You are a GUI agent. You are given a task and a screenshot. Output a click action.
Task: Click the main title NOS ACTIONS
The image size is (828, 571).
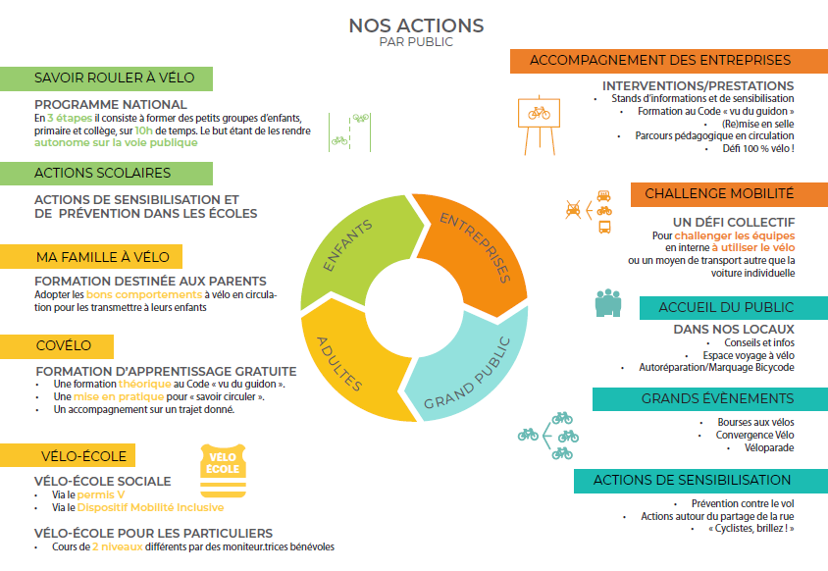416,26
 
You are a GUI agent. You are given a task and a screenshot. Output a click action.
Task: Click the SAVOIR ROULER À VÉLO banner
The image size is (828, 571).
106,78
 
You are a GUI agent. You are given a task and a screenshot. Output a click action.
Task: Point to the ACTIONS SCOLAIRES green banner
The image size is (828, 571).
106,174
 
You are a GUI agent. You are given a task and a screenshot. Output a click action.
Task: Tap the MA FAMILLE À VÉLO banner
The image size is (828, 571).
91,257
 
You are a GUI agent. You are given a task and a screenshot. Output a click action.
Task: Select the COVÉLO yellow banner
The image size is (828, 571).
57,346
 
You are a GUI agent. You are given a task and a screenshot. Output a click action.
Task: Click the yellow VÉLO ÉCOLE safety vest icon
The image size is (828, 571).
223,471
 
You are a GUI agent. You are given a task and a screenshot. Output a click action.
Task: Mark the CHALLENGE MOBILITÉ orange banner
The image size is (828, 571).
729,194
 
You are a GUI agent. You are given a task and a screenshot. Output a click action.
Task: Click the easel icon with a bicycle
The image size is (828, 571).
540,126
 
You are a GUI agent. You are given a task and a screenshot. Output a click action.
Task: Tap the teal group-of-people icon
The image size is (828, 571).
608,302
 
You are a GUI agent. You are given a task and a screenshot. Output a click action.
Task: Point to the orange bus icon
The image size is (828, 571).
604,228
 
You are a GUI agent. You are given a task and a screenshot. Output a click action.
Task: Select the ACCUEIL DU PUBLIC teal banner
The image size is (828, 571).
734,308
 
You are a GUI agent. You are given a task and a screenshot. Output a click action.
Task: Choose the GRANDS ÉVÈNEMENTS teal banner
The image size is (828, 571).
710,398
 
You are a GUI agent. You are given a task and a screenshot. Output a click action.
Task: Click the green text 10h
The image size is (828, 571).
143,130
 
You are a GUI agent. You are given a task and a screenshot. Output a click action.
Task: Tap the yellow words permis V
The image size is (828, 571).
101,494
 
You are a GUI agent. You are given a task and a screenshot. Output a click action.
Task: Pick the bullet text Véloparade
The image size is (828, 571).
769,448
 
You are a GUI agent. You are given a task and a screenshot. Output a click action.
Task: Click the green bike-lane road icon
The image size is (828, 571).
349,132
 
